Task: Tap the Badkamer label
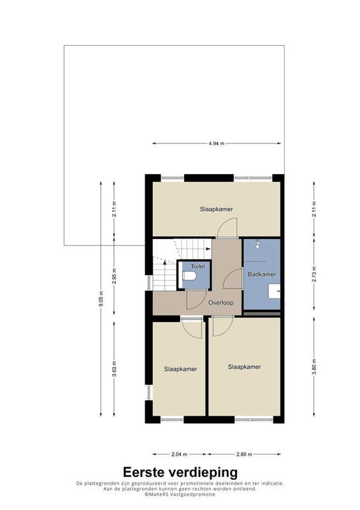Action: pos(262,274)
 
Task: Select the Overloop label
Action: pos(221,303)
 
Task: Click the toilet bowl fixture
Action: pos(190,276)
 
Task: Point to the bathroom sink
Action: pos(274,291)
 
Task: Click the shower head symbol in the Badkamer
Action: pos(258,244)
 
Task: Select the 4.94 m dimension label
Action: pos(217,143)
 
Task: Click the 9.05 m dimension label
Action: pos(101,298)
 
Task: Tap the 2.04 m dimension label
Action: pos(179,455)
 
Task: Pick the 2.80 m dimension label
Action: pos(244,455)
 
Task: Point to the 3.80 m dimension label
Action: pos(314,367)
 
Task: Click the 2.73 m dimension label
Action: pos(314,274)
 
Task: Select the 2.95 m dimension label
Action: pos(114,276)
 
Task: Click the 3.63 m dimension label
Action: pos(114,369)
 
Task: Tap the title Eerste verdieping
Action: pos(180,472)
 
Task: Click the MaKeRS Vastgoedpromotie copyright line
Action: pos(180,494)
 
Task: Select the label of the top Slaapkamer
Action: pos(217,209)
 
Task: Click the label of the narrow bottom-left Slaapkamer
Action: pos(180,369)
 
